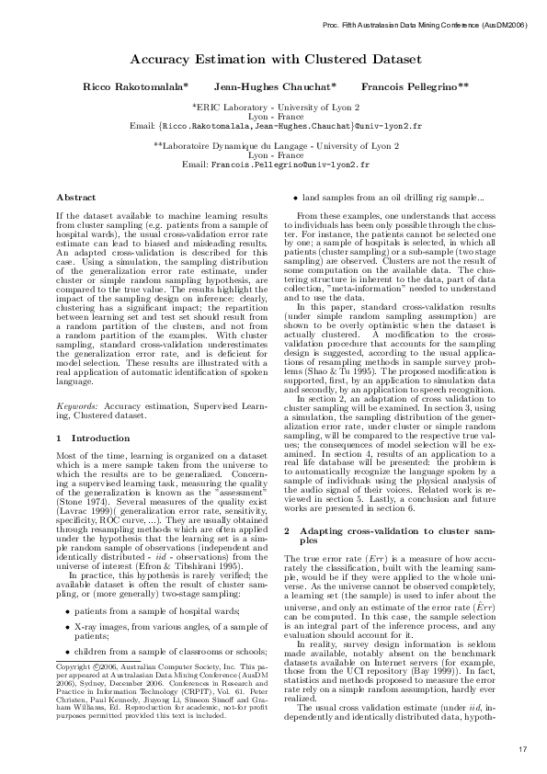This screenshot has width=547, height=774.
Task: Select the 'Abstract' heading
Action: (75, 198)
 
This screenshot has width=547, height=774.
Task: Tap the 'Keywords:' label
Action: (76, 404)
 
